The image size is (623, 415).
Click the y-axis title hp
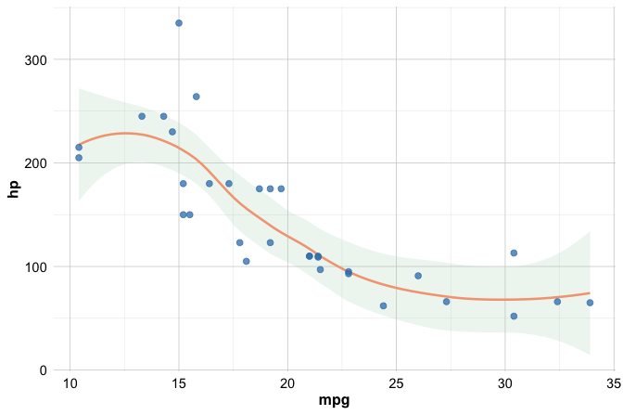click(13, 188)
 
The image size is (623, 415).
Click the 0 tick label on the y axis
click(44, 370)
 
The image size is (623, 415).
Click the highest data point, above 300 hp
click(179, 23)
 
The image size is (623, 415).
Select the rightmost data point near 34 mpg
click(590, 303)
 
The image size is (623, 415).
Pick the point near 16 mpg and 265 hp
click(196, 97)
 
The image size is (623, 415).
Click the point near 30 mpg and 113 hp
click(514, 253)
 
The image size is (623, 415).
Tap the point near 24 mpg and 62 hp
click(383, 305)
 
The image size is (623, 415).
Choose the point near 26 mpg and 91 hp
click(418, 276)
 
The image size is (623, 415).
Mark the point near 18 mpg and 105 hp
click(246, 261)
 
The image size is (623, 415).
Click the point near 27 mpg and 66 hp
click(446, 302)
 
